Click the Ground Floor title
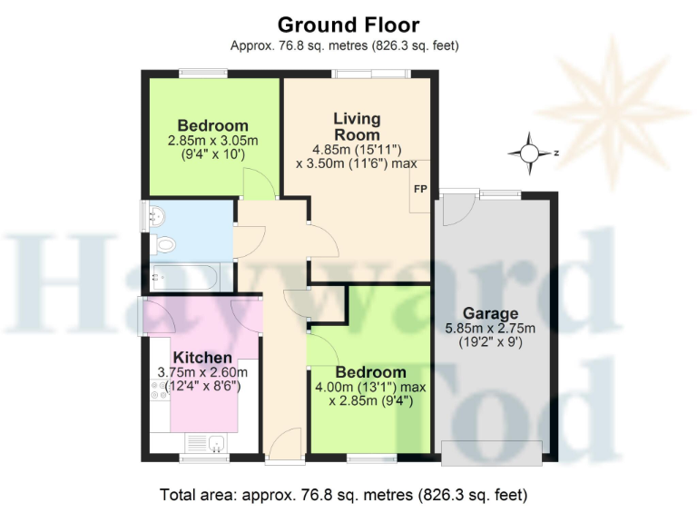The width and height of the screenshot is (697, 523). pos(348,25)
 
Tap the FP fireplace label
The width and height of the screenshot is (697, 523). pos(420,190)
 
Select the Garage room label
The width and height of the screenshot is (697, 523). pos(490,314)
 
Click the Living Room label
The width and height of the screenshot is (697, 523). pos(357,127)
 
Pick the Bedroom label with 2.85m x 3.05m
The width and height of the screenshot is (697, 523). pos(212,125)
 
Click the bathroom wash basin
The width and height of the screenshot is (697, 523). pos(156,215)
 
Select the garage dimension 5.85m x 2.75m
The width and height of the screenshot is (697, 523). pos(490,329)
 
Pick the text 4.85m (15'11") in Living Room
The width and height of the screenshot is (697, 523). pos(357,150)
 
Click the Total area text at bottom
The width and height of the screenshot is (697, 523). pos(343,496)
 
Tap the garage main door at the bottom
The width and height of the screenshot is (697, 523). pos(491,452)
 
